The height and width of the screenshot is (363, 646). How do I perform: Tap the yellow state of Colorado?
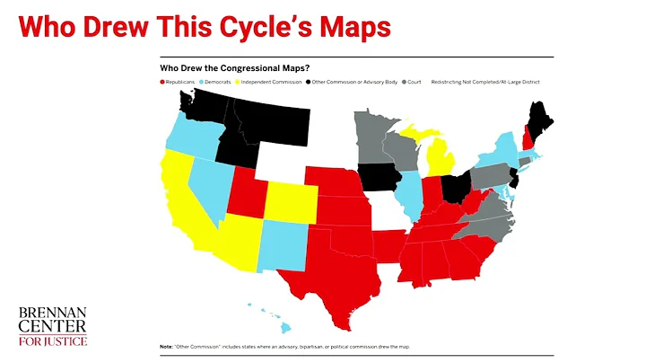click(x=287, y=201)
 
